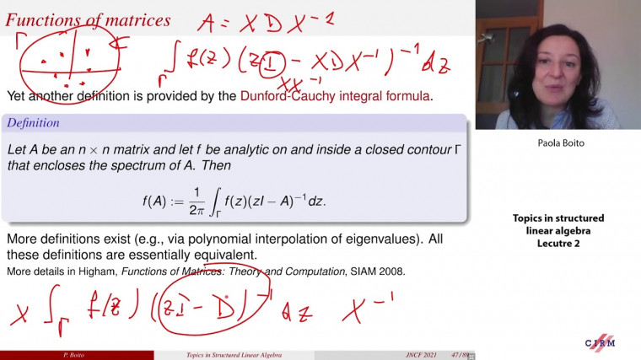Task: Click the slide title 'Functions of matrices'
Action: [88, 19]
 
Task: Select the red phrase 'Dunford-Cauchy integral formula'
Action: [336, 96]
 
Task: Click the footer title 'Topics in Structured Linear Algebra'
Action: [234, 355]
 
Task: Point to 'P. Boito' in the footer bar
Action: [55, 355]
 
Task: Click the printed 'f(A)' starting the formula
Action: [156, 201]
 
